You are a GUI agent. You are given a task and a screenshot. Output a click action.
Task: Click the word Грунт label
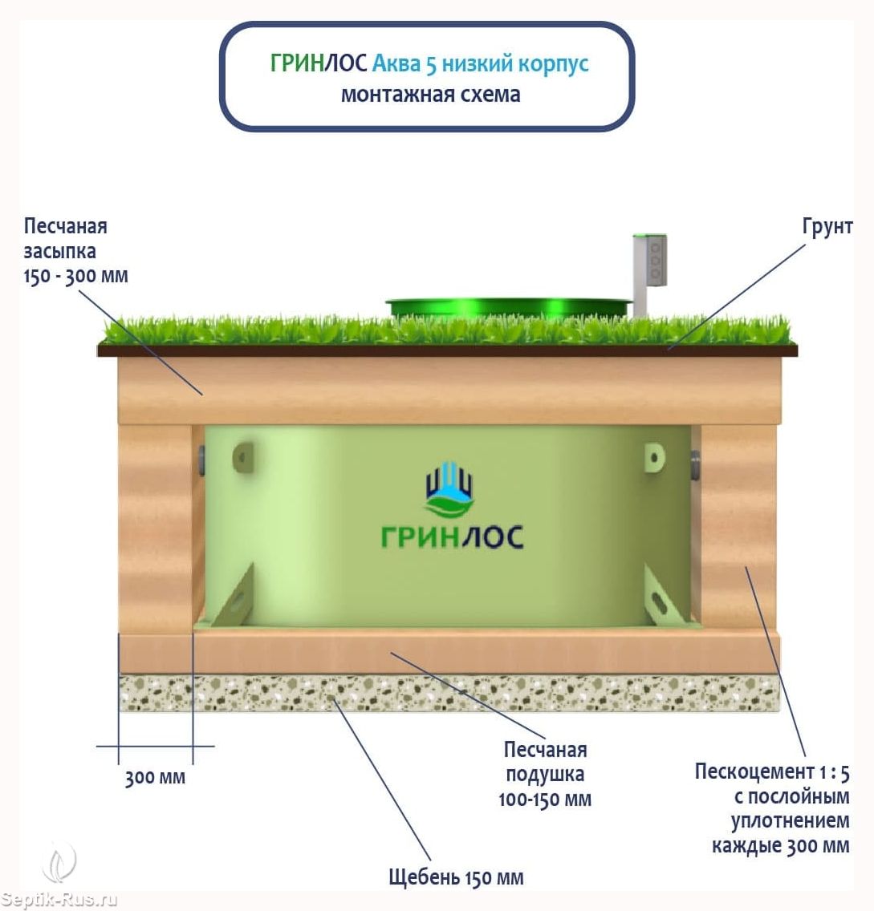pos(827,227)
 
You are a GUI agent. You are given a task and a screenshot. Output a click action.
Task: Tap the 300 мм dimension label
pos(155,777)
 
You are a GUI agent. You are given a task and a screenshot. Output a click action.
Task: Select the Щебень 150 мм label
pos(457,877)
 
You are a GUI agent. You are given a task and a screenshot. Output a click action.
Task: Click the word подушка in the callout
pos(545,775)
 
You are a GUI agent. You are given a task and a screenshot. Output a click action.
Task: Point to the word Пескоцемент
pos(754,771)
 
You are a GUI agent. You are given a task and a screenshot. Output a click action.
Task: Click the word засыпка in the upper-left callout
pos(60,252)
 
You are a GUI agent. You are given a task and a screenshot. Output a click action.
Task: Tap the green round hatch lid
pos(508,308)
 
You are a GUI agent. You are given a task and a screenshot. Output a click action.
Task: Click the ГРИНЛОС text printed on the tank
pos(453,536)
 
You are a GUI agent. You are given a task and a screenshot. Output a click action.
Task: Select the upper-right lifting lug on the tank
pos(654,458)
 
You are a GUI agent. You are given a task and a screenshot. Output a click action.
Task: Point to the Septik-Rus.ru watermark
pos(59,900)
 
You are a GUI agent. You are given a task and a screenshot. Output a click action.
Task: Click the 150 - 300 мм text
pos(75,276)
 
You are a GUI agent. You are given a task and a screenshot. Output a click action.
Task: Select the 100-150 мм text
pos(545,800)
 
